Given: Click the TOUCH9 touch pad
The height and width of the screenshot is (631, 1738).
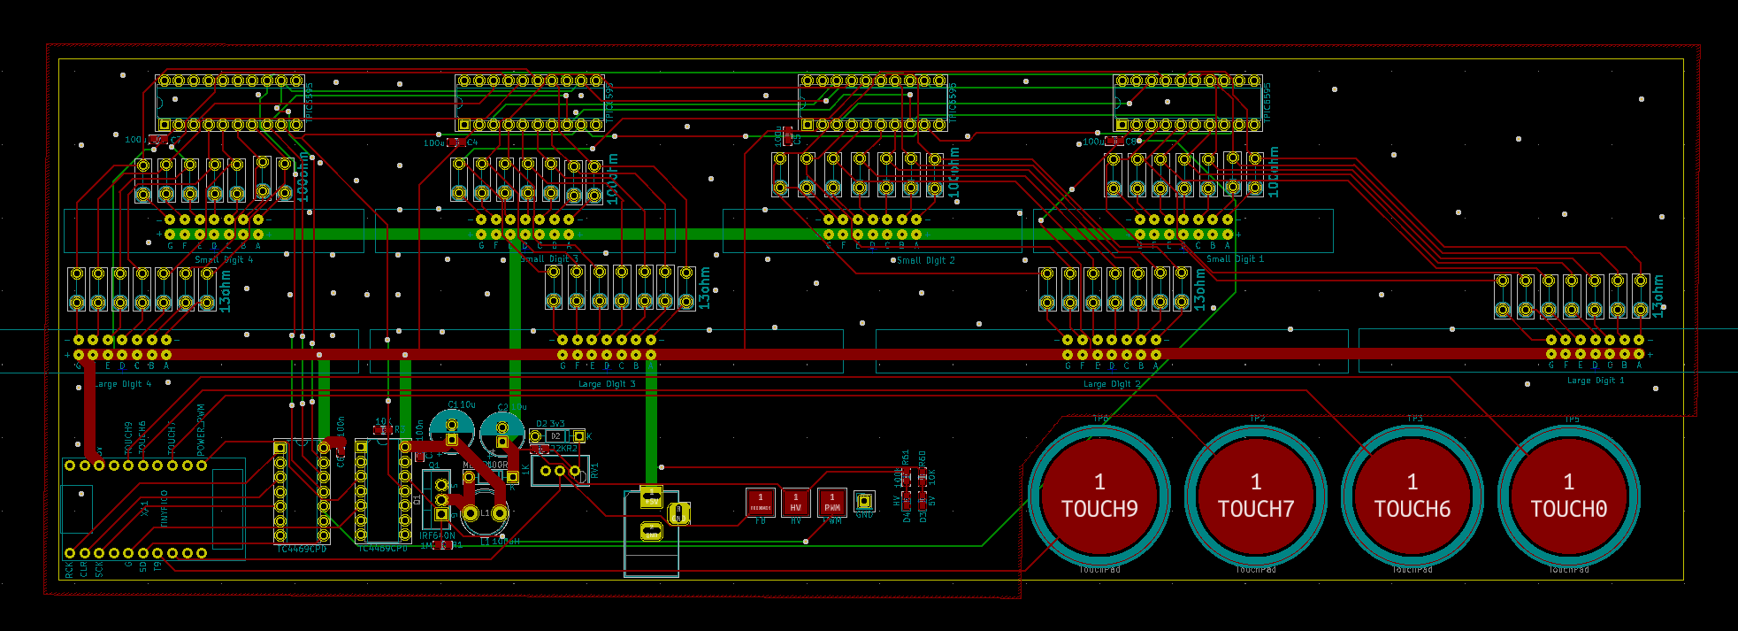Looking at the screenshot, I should tap(1099, 496).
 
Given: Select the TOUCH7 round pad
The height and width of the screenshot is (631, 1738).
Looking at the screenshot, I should tap(1256, 496).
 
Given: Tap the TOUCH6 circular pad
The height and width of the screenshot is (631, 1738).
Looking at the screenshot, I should tap(1413, 496).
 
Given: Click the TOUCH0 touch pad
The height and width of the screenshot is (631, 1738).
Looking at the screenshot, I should tap(1569, 496).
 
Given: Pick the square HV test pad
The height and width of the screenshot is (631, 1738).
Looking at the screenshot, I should tap(796, 503).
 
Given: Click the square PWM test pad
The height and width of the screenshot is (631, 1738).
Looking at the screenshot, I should tap(831, 503).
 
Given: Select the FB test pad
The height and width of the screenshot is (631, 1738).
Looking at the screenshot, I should tap(760, 503).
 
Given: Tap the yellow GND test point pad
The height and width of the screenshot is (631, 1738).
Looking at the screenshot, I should tap(864, 502).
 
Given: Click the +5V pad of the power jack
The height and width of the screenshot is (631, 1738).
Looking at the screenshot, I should tap(651, 496).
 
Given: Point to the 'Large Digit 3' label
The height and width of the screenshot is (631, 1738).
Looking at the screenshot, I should tap(607, 384).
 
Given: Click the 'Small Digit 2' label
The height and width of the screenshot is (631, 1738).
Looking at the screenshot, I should tap(925, 260).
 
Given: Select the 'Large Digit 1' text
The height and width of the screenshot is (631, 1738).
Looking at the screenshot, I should tap(1596, 381).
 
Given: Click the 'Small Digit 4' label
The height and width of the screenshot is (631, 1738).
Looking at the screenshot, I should tap(224, 260).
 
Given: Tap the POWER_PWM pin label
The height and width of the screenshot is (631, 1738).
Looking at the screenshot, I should tap(202, 429).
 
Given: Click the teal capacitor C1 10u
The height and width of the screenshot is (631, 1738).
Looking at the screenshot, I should tap(451, 428).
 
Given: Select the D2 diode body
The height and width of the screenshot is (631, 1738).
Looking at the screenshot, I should tap(555, 436).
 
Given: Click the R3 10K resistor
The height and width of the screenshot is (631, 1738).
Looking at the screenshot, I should tap(382, 430).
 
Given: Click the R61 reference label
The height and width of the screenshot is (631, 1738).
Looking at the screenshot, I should tap(906, 458).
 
